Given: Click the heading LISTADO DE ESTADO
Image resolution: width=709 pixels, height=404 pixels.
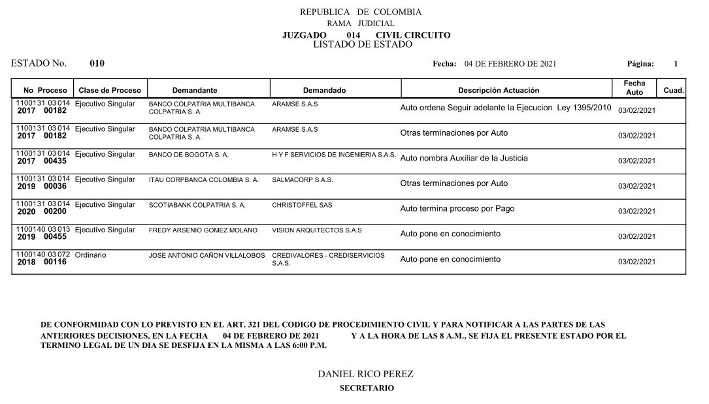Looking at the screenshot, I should pos(363,44).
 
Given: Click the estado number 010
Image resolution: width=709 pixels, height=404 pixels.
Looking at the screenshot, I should pos(97,64).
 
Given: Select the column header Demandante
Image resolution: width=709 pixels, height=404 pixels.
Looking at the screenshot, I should pos(195,90).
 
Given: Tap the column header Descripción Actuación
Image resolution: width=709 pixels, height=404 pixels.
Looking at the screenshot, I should pos(499,90).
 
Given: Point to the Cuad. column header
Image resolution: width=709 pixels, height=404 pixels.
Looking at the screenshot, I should pos(673,90).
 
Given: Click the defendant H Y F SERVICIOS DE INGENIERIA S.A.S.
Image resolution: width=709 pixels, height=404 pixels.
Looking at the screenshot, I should pos(333,155).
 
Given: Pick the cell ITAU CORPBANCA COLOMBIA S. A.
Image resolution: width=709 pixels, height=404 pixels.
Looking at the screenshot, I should pos(204,179).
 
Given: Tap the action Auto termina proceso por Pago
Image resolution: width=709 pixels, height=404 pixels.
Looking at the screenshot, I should pos(457,209).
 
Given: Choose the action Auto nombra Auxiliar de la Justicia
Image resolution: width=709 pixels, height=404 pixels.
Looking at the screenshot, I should pos(464,158).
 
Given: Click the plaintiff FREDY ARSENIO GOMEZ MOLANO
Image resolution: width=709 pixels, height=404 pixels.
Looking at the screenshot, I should pos(203,230).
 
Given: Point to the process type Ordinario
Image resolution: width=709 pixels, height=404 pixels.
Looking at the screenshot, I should pos(91,255).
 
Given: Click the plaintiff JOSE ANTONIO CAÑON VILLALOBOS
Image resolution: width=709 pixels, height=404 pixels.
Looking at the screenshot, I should pos(207,255).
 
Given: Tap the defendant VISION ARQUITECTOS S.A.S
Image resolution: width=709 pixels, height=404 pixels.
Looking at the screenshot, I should pos(317,230).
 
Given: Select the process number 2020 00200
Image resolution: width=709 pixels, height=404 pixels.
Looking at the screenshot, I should pos(42,211).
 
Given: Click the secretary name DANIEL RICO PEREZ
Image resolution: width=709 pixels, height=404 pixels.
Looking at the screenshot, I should pos(365,374).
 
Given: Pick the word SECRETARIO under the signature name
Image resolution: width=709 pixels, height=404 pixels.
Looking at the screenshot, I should pos(367,388).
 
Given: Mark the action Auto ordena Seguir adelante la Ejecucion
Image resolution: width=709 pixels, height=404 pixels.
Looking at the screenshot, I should pos(505,107).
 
